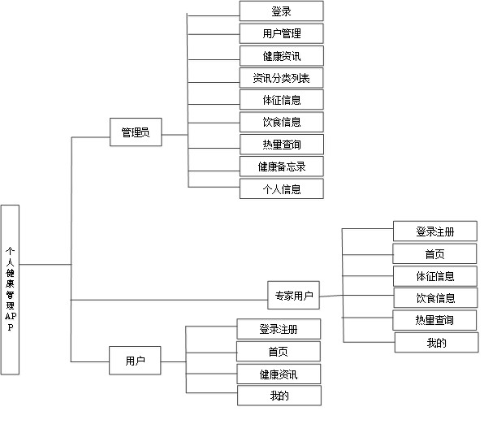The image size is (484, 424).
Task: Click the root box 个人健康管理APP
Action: pos(10,290)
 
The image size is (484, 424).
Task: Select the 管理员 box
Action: pos(136,132)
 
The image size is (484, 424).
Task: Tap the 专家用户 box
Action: pos(293,295)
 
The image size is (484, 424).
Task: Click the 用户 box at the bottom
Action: pos(135,361)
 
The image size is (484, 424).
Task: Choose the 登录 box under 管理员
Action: pos(281,11)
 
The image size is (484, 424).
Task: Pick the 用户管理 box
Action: pos(282,33)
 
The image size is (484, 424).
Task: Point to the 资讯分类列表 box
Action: pos(282,78)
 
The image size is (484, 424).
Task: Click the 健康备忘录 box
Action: pos(282,167)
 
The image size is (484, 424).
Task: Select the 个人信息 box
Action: pos(282,188)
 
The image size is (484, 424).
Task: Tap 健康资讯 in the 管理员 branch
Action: pos(282,56)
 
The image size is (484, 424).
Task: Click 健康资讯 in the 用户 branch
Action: pos(279,374)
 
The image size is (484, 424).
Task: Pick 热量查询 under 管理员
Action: pos(282,145)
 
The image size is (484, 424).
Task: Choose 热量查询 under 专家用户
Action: pos(434,320)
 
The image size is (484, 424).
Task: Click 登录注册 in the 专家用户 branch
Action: pos(435,231)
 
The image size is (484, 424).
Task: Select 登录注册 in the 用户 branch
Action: pos(279,329)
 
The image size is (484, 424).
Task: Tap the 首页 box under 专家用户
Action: pos(434,253)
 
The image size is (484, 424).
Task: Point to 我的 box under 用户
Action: pos(279,396)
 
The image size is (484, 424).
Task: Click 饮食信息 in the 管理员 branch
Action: pos(282,122)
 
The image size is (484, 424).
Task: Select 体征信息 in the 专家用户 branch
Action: pos(435,276)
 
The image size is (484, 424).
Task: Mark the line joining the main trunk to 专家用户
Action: pos(169,300)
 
